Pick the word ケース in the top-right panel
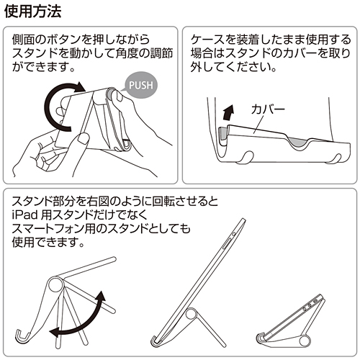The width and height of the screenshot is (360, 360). pos(206,40)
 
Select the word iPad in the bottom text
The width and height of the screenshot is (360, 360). pos(25,216)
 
